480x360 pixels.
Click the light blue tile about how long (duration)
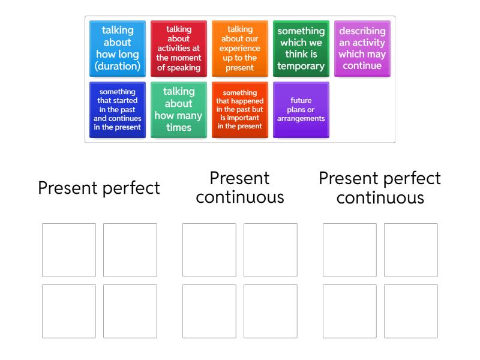(x=118, y=49)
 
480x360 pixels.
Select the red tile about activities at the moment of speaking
(x=179, y=49)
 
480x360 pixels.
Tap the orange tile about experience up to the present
(x=240, y=49)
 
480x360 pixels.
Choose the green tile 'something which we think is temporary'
(x=301, y=49)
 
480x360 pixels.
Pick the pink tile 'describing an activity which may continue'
(x=362, y=49)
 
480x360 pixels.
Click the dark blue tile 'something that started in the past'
(x=118, y=110)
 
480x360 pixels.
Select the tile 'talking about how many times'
(x=179, y=110)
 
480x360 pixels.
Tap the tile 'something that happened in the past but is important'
(x=240, y=110)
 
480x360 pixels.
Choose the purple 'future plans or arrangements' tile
(x=301, y=110)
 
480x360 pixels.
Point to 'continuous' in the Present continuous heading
(x=240, y=197)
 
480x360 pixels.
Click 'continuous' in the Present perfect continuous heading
(x=380, y=198)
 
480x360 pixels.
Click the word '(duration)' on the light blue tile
(x=118, y=66)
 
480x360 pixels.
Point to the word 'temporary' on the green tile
(x=301, y=66)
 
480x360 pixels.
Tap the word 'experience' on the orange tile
(x=239, y=49)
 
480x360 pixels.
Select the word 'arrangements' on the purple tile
(x=301, y=119)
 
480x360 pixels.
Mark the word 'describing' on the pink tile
(x=362, y=31)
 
